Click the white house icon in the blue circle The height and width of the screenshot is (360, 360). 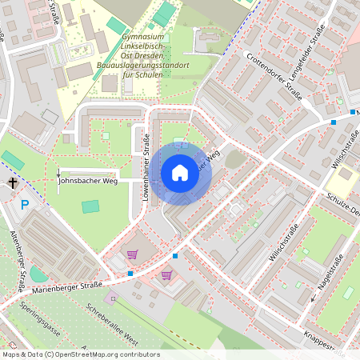tap(180, 173)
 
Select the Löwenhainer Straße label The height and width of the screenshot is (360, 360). tap(146, 166)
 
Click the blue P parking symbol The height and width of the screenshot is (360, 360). tap(25, 205)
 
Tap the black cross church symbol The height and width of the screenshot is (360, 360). tap(13, 182)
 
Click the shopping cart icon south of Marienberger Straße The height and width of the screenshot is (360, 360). tap(166, 275)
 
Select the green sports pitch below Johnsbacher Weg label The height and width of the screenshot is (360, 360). tap(90, 206)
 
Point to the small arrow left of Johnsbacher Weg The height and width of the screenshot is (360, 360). tap(58, 174)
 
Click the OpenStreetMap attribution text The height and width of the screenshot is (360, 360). tap(80, 354)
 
